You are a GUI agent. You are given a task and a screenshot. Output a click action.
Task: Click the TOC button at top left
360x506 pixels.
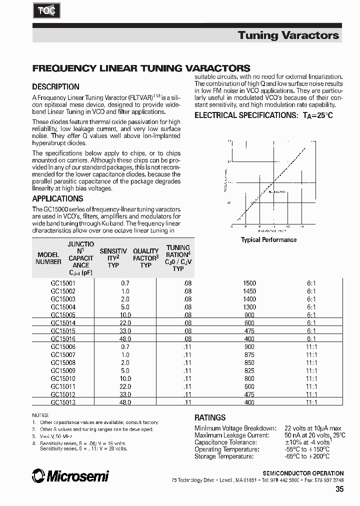click(48, 10)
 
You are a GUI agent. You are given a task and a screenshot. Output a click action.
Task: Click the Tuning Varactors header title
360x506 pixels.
click(288, 35)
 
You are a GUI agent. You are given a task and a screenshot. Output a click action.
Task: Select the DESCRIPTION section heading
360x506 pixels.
click(55, 86)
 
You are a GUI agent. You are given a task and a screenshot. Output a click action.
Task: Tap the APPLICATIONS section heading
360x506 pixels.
click(57, 198)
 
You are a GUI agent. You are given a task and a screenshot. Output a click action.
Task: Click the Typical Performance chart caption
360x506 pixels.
click(268, 240)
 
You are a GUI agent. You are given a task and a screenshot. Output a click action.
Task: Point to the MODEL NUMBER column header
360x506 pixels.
click(48, 258)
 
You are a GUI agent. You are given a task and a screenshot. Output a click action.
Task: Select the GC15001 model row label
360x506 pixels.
click(62, 283)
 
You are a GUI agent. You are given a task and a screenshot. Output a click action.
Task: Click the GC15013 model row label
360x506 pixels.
click(62, 402)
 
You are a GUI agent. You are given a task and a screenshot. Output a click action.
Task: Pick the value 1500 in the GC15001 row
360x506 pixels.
click(249, 283)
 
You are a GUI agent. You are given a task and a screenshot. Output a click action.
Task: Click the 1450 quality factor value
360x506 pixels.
click(249, 291)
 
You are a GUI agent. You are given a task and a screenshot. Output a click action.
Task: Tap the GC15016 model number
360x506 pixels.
click(62, 338)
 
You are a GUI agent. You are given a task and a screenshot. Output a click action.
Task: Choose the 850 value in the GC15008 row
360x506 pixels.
click(249, 362)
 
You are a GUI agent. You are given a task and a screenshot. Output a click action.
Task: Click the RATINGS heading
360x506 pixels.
click(209, 417)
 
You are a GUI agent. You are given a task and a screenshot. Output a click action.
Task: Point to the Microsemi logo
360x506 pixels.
click(70, 476)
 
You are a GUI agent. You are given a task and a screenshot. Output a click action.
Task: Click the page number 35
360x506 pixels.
click(339, 490)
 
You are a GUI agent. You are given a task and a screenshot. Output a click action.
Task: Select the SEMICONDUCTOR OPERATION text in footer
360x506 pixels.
click(303, 473)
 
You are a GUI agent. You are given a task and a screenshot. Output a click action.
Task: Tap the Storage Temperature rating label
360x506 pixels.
click(223, 456)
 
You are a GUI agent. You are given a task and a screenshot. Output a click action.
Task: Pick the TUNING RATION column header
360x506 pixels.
click(178, 257)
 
